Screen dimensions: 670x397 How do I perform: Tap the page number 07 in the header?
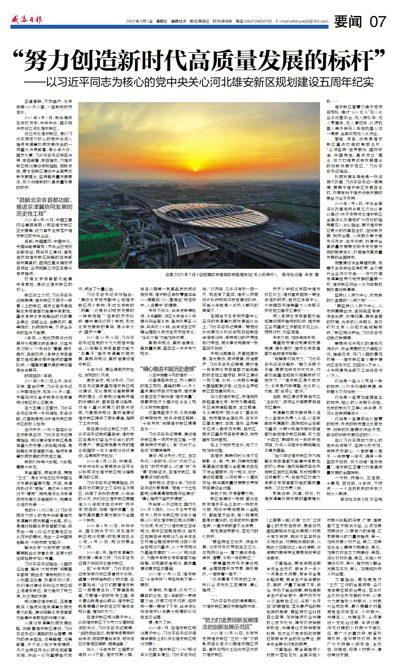[x=378, y=22]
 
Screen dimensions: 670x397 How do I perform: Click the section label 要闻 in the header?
[x=348, y=22]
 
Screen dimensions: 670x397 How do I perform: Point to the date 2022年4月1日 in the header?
[x=140, y=22]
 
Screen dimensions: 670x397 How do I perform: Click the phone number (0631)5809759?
[x=258, y=22]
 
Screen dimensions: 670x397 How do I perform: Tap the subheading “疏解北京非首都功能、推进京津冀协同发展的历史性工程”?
[x=44, y=207]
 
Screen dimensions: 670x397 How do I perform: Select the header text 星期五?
[x=161, y=22]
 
